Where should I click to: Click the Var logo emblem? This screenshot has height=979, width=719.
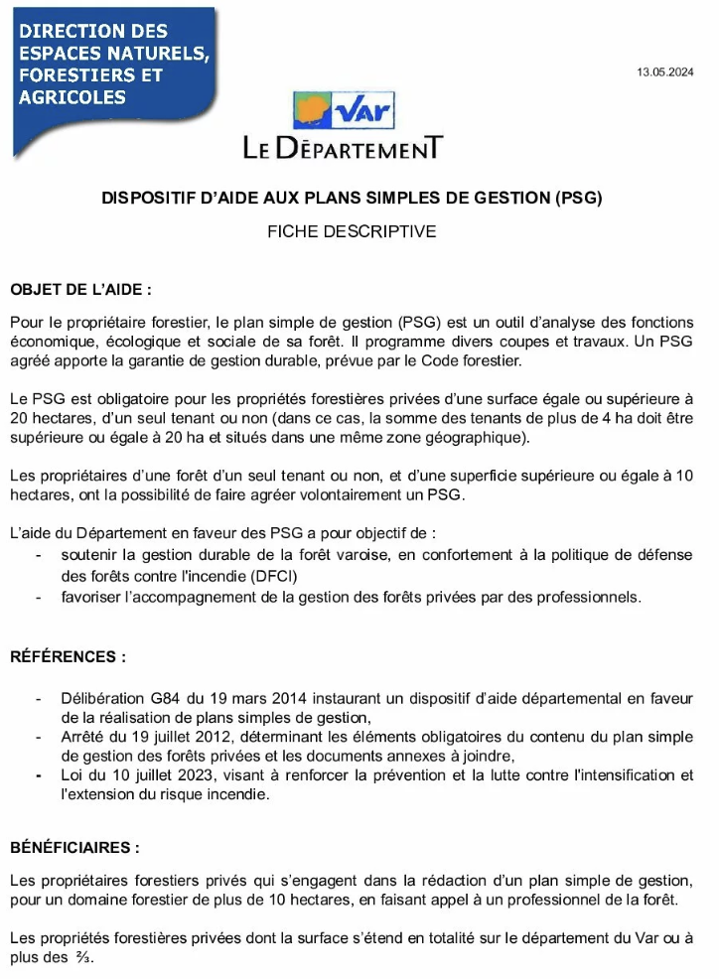tap(343, 111)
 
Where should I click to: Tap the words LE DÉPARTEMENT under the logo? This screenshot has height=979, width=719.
tap(343, 149)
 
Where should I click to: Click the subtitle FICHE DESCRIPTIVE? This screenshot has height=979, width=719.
tap(352, 231)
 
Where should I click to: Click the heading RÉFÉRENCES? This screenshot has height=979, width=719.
tap(69, 656)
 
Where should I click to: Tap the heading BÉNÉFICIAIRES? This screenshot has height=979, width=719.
tap(74, 848)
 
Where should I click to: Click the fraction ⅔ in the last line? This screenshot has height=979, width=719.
tap(83, 957)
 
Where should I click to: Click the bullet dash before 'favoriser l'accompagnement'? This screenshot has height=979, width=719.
tap(38, 597)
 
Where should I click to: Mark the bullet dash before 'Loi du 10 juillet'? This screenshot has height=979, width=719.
tap(38, 774)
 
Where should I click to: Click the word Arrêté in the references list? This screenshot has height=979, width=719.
tap(84, 737)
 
